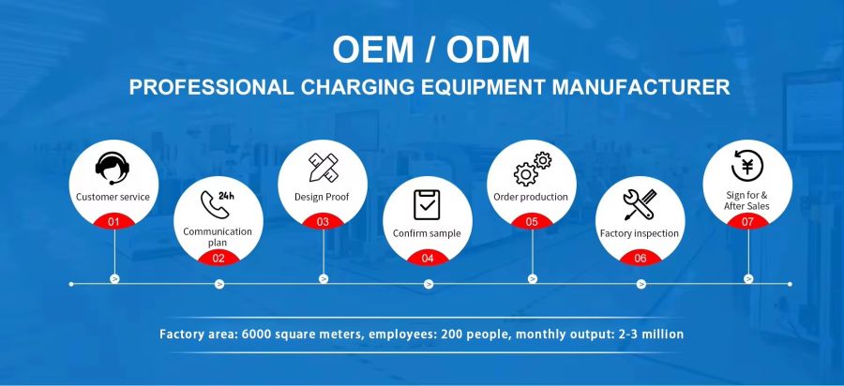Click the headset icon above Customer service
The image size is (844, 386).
(x=113, y=169)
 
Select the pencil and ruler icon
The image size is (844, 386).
(x=323, y=167)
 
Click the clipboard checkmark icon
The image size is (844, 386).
(x=427, y=205)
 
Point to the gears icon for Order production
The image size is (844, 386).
(x=533, y=169)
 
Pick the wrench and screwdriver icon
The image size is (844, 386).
(x=640, y=204)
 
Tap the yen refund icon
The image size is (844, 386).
(x=747, y=166)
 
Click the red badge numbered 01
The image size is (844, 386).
(x=113, y=221)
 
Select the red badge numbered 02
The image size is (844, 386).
(x=219, y=258)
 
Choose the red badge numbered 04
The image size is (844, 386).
(x=428, y=258)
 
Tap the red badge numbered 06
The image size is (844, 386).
(x=640, y=258)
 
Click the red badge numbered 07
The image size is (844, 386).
(x=747, y=221)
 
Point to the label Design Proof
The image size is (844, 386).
(x=322, y=197)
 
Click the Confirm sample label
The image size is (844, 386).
(x=427, y=233)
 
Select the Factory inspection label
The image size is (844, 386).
(x=640, y=233)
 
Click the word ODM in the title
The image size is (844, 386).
(x=488, y=50)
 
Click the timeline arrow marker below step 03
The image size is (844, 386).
(x=324, y=278)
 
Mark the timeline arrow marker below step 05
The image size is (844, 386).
(x=533, y=278)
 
